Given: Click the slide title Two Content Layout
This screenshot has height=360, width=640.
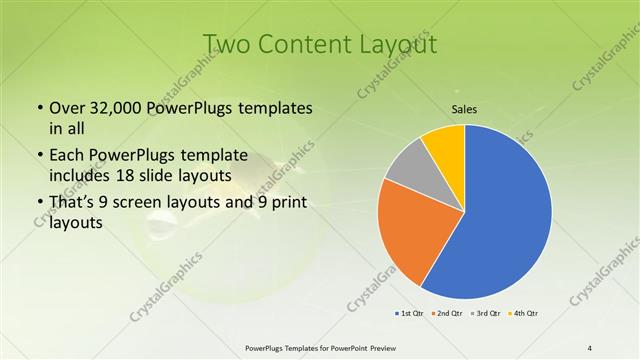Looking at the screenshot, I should click(x=319, y=44).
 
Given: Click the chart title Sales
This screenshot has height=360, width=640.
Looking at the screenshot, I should click(x=464, y=109).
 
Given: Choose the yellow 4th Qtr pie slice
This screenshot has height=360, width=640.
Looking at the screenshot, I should click(x=444, y=148).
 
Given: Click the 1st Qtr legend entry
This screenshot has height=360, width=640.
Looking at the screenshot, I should click(x=409, y=314).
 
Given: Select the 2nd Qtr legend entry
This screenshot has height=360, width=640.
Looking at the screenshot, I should click(x=446, y=314).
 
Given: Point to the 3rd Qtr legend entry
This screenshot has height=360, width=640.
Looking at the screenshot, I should click(x=484, y=314).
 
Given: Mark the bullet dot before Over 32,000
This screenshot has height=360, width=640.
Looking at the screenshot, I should click(x=39, y=108).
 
